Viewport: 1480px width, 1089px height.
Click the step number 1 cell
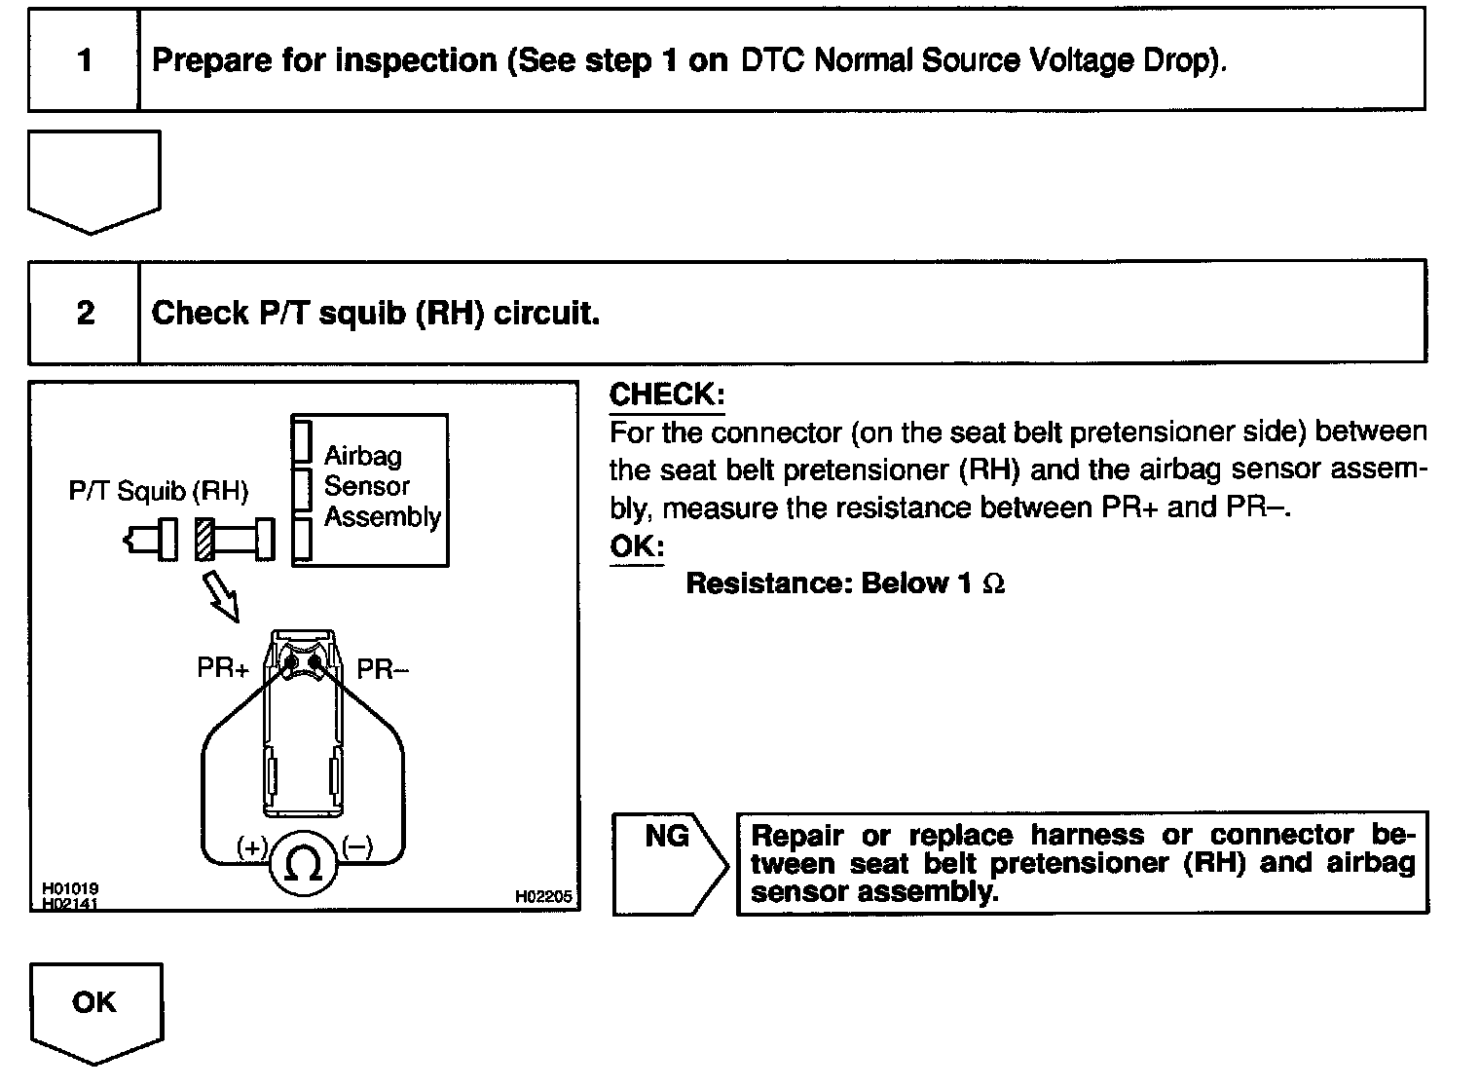pos(84,60)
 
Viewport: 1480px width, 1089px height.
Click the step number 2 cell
pos(85,313)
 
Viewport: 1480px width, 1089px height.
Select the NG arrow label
pos(667,837)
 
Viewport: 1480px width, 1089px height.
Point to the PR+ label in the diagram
pos(223,669)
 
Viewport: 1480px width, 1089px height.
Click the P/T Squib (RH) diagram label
pos(158,491)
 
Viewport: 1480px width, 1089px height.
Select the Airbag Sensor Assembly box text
pos(381,486)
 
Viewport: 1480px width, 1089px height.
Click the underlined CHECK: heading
pos(667,394)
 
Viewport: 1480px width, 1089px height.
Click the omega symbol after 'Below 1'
pos(993,584)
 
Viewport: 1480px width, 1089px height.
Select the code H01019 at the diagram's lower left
pos(70,890)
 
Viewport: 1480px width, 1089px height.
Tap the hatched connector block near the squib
pos(203,539)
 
